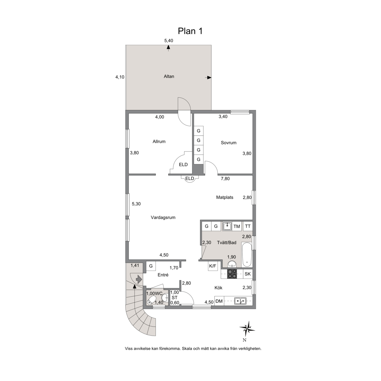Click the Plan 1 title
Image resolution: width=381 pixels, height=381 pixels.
point(190,31)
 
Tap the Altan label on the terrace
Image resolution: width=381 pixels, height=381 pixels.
point(169,76)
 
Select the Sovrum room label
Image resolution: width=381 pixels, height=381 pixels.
point(229,143)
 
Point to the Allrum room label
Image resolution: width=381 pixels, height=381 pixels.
point(159,142)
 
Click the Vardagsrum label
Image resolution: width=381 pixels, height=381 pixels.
point(163,218)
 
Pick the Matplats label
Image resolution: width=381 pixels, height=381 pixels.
point(225,197)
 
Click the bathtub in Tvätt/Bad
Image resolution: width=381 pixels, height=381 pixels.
point(247,255)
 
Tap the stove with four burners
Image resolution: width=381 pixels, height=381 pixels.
point(232,274)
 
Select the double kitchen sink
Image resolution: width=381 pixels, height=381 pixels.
point(240,301)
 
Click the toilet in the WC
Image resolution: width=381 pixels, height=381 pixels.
point(152,300)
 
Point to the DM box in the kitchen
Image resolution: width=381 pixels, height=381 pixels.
point(219,301)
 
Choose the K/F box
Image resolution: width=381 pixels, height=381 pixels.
point(213,266)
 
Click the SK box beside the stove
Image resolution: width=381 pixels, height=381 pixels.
point(248,274)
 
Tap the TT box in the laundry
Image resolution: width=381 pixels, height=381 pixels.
point(248,226)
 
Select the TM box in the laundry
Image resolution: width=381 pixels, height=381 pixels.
point(237,226)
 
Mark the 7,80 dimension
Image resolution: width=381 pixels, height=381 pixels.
point(225,179)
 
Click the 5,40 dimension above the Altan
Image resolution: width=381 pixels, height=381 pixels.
point(169,41)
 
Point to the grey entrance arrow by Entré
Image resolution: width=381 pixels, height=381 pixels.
point(139,279)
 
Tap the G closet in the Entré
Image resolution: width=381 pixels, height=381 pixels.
point(151,266)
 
